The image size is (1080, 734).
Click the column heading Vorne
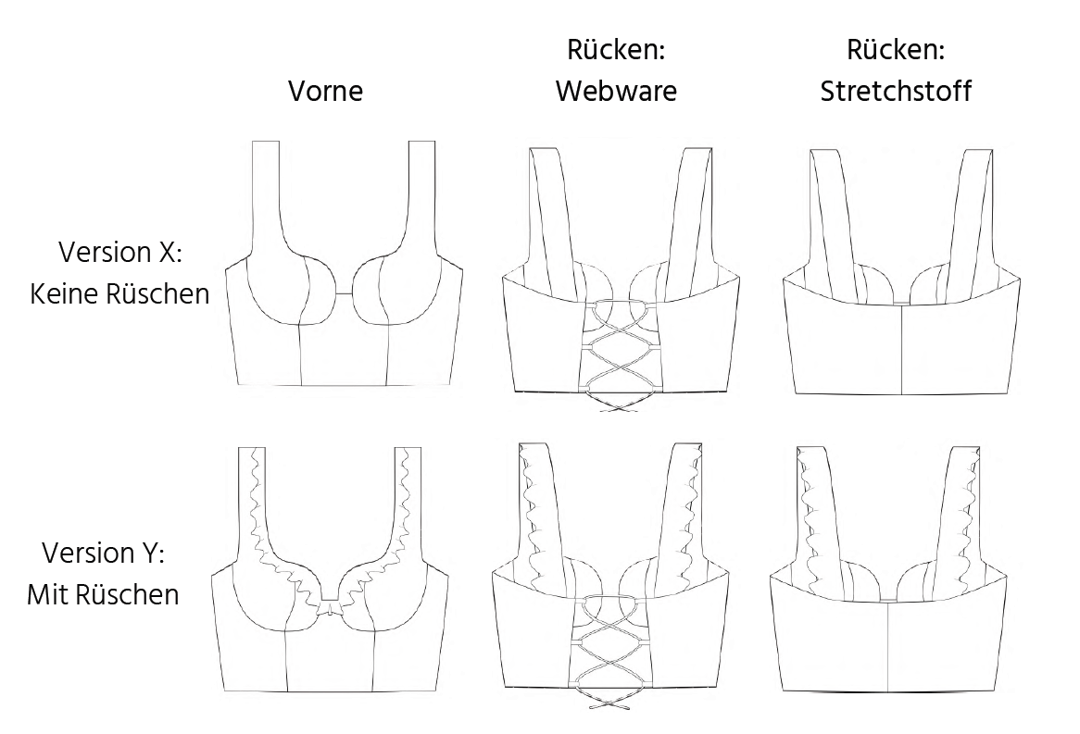[325, 91]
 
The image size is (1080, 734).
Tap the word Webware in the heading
[616, 91]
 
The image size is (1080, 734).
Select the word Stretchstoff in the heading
[896, 91]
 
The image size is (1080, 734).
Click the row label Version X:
[120, 252]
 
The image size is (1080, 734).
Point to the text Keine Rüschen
[120, 293]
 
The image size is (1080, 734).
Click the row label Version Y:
[103, 553]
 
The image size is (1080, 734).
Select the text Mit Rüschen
[103, 594]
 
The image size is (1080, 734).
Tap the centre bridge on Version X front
[344, 293]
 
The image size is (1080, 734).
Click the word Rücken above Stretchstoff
[896, 51]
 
